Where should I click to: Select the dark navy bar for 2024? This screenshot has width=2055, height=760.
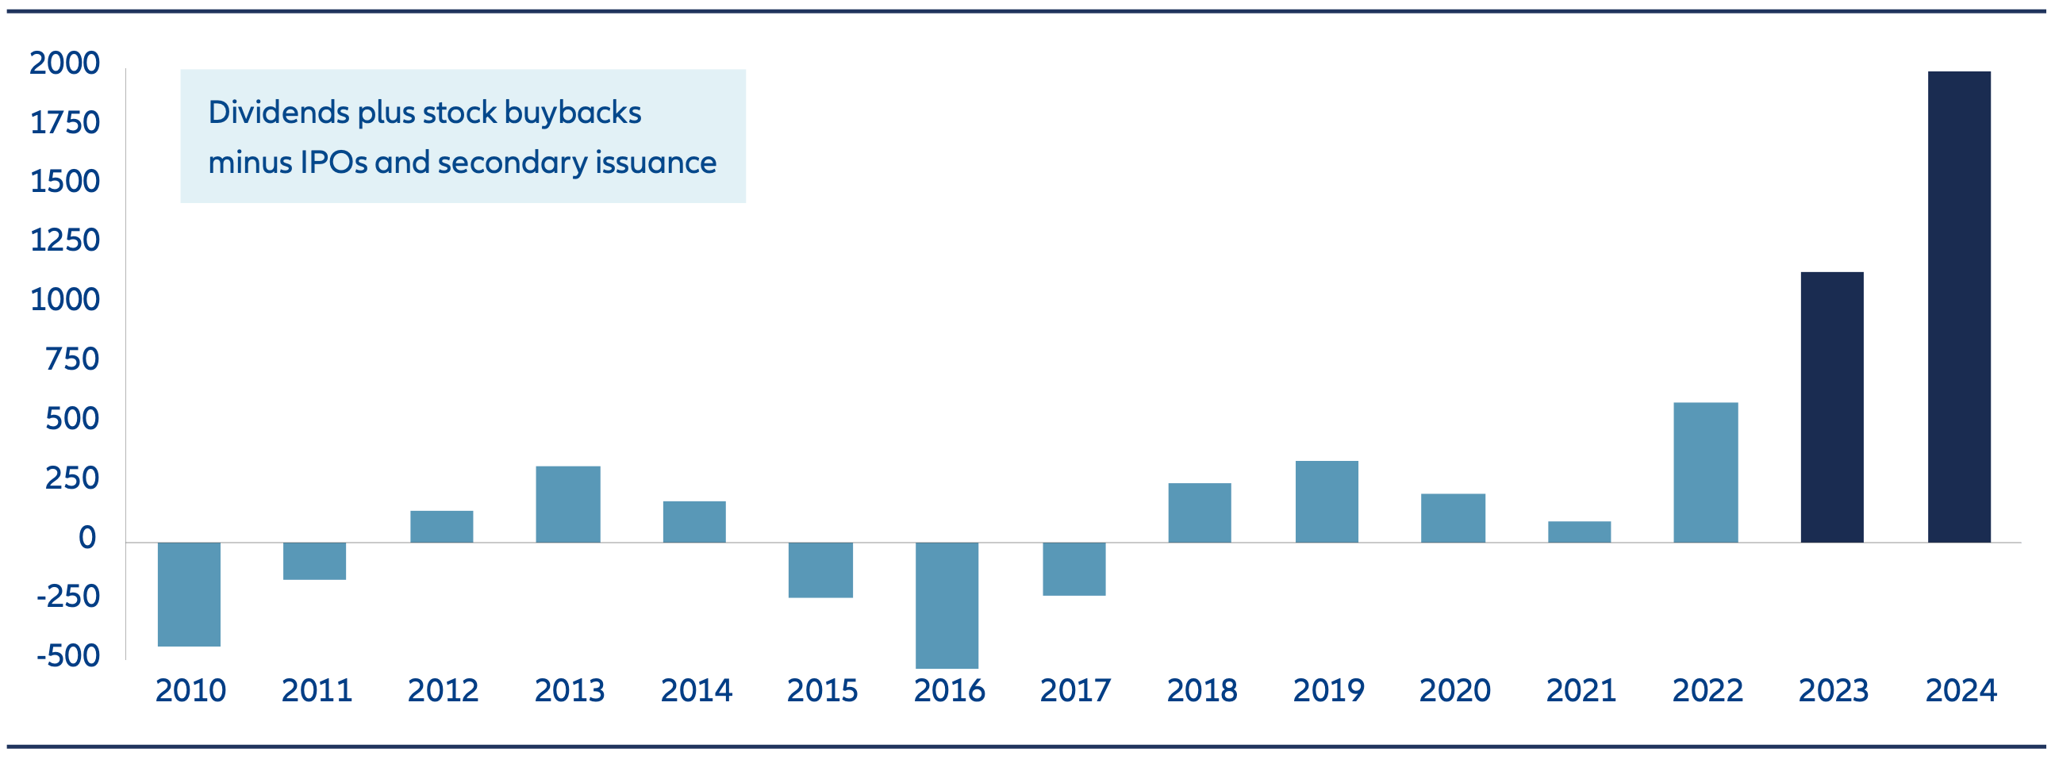pos(1958,307)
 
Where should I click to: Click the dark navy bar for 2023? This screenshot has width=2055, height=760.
pos(1831,408)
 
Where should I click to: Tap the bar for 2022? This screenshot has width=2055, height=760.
pos(1705,472)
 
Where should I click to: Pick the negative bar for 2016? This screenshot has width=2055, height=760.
pos(946,605)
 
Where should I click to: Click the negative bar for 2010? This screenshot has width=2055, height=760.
pos(189,594)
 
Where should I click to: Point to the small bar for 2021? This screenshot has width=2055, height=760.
pos(1579,532)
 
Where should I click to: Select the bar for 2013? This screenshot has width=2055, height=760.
pos(568,504)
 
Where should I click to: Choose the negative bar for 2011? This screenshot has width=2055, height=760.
pos(314,561)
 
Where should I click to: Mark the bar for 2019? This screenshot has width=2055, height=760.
pos(1326,501)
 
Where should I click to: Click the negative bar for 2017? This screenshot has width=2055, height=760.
pos(1074,569)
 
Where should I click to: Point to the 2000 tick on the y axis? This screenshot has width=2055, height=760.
pos(64,63)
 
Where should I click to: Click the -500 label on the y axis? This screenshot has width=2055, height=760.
pos(67,655)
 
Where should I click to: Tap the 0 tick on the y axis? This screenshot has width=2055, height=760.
pos(87,538)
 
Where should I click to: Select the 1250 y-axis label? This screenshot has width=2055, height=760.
pos(64,240)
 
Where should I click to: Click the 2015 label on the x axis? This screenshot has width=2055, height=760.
pos(822,690)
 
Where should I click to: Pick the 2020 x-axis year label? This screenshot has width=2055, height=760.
pos(1454,690)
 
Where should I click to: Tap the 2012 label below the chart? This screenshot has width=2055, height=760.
pos(443,690)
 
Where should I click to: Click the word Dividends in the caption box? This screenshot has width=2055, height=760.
pos(278,113)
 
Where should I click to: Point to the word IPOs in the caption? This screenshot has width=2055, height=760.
pos(333,163)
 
